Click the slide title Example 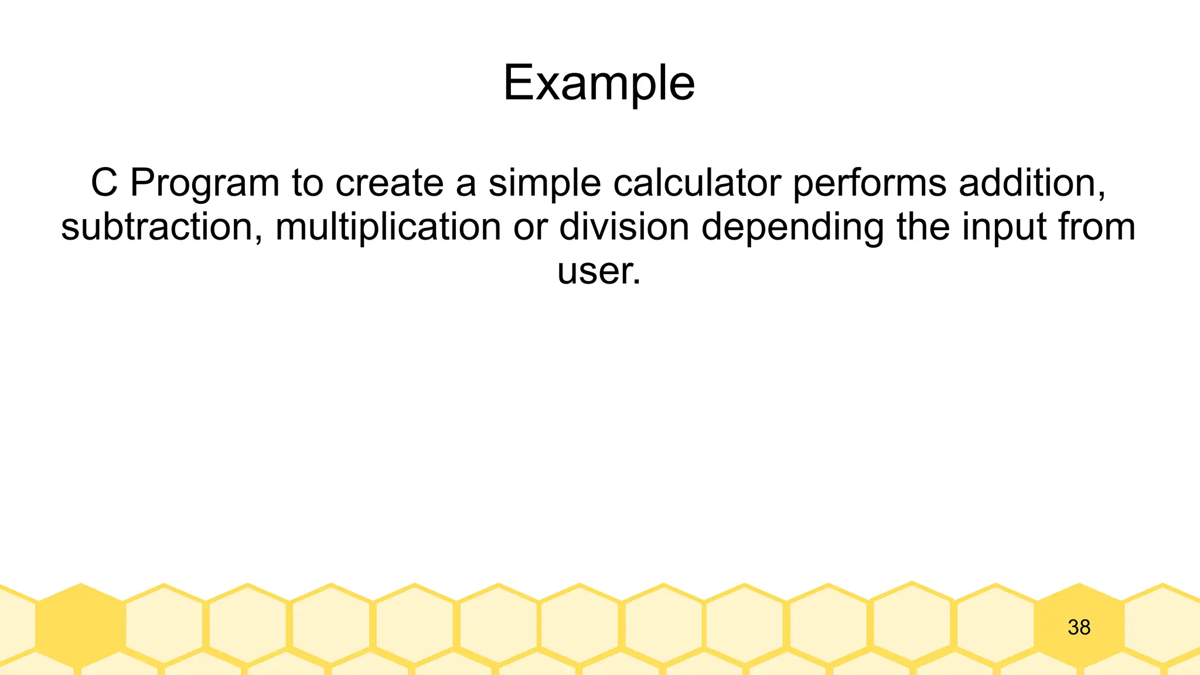coord(599,83)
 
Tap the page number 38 coord(1079,628)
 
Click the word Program coord(204,183)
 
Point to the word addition coord(1031,183)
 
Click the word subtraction coord(161,227)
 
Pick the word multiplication coord(388,227)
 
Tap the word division coord(624,227)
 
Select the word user coord(598,271)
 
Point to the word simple coord(544,183)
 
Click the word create coord(390,183)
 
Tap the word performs coord(869,183)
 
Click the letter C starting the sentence coord(104,183)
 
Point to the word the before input coord(923,227)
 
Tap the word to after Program coord(307,183)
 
